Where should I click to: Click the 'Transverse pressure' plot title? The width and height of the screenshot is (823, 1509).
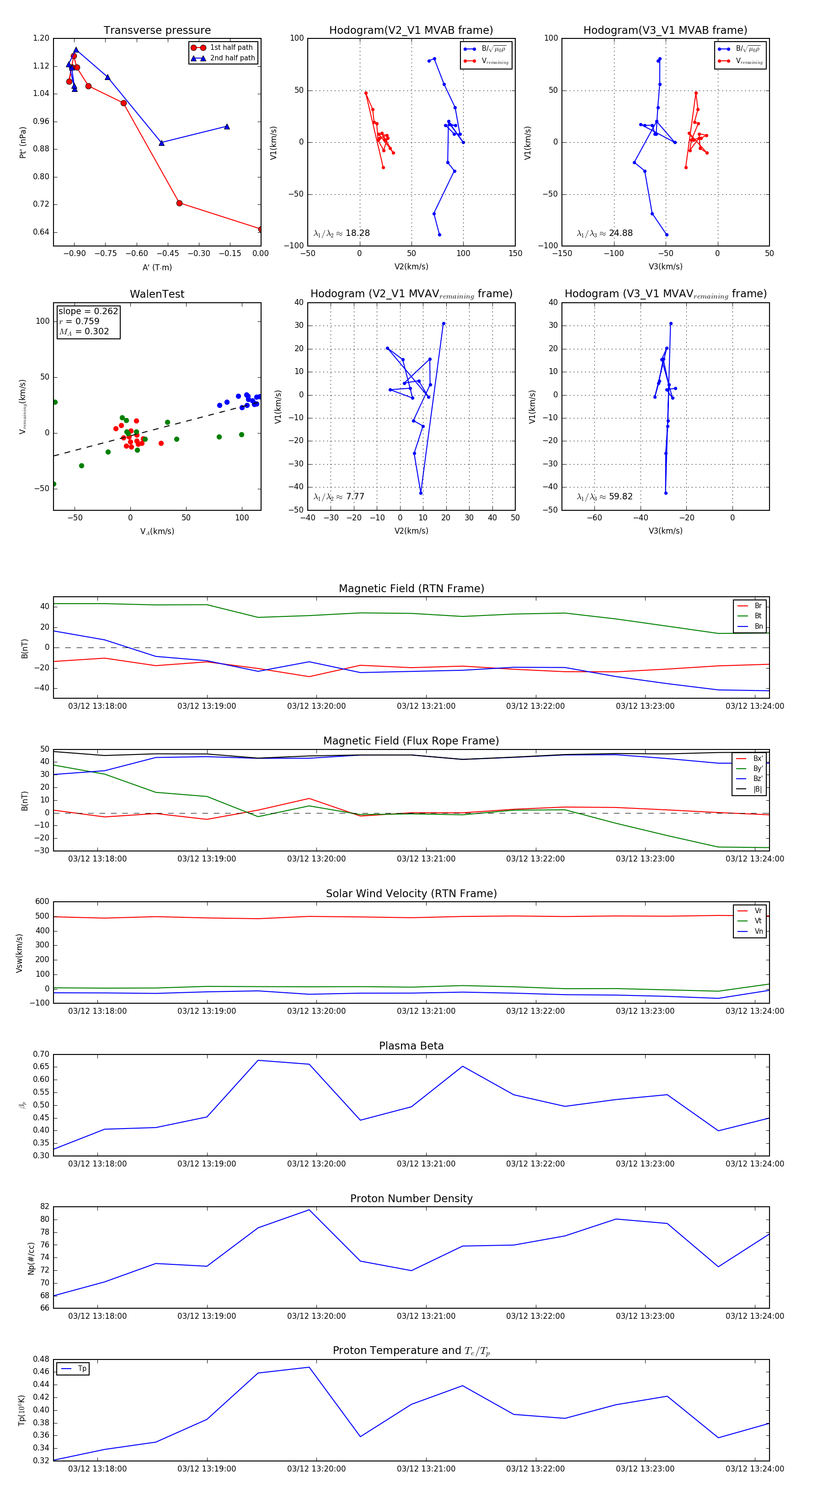(157, 31)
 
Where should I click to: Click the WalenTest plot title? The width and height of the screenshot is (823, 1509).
(157, 294)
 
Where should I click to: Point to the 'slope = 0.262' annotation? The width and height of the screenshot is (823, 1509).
(88, 311)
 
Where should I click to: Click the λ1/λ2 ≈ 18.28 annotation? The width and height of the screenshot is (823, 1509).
(342, 233)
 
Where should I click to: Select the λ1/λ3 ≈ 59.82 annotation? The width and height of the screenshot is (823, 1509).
(604, 497)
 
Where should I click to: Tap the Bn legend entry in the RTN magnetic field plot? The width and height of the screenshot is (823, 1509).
(758, 626)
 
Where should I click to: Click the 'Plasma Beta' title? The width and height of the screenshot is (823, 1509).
(411, 1046)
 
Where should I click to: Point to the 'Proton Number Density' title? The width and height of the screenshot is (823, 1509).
(411, 1199)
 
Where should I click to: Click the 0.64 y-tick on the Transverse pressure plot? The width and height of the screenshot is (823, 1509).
(41, 232)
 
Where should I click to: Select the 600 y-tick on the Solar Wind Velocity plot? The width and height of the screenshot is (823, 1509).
(42, 902)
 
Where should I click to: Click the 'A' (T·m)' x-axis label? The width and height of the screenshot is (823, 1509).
(157, 268)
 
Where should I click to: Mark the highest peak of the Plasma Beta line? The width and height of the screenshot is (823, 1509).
(258, 1060)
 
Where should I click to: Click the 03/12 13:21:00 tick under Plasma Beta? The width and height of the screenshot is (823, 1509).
(426, 1163)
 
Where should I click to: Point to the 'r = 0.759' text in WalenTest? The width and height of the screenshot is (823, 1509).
(79, 321)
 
